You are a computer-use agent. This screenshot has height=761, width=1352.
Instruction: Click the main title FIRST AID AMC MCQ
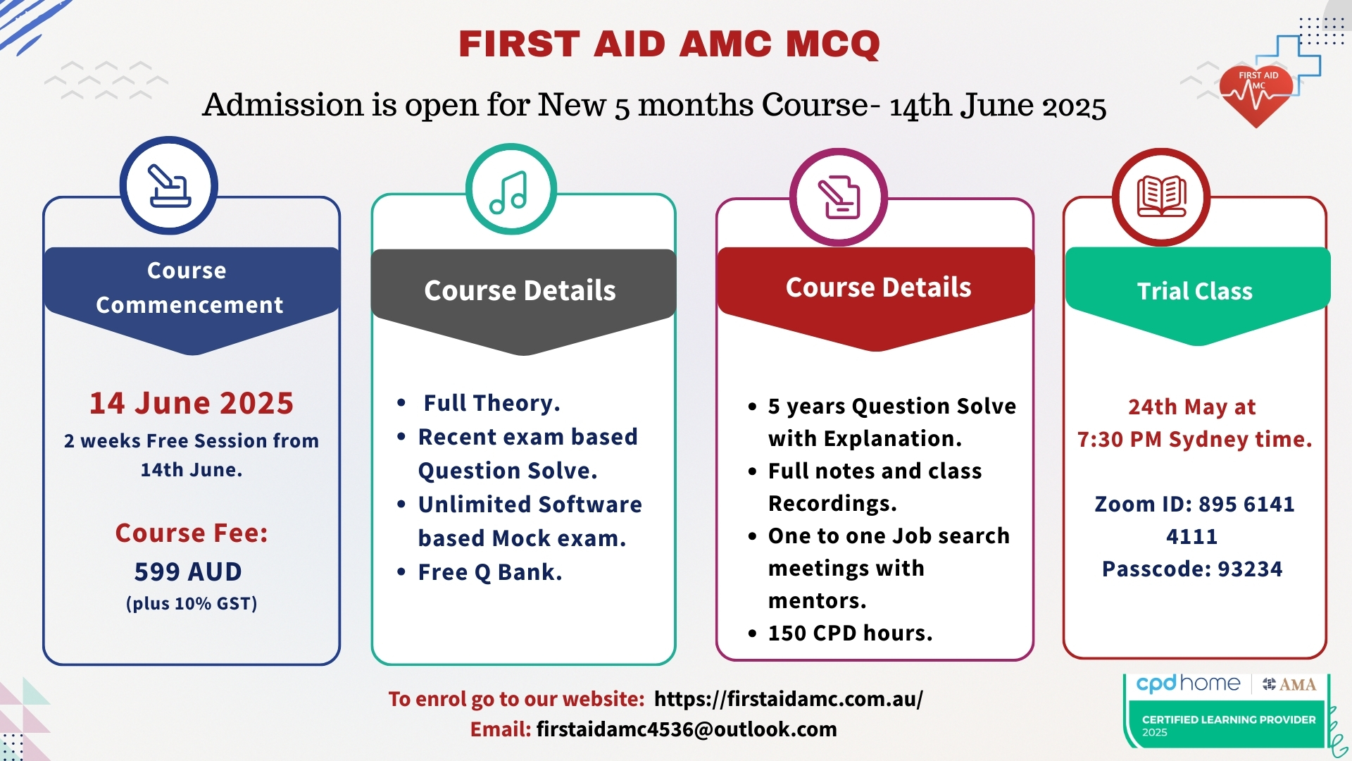pyautogui.click(x=669, y=44)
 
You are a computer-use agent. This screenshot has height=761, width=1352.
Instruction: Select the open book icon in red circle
pyautogui.click(x=1161, y=197)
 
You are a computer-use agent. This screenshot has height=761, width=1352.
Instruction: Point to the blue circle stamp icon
pyautogui.click(x=169, y=185)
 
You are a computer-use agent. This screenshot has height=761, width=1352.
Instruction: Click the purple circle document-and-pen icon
pyautogui.click(x=838, y=197)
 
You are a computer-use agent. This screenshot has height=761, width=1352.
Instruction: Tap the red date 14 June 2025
pyautogui.click(x=192, y=403)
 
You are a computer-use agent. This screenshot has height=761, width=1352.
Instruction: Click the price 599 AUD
pyautogui.click(x=188, y=571)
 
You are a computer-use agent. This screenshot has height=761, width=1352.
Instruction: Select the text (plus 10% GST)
pyautogui.click(x=192, y=604)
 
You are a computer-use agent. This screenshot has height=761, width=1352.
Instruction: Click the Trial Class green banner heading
pyautogui.click(x=1195, y=291)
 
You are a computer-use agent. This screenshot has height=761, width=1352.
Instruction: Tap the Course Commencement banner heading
pyautogui.click(x=189, y=287)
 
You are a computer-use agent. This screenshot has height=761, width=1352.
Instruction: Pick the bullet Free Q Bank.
pyautogui.click(x=490, y=572)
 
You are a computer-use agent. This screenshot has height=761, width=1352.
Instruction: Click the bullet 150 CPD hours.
pyautogui.click(x=850, y=633)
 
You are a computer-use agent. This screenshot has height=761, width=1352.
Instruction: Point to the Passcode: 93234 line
pyautogui.click(x=1192, y=569)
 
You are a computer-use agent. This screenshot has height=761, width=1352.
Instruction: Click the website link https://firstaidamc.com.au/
pyautogui.click(x=788, y=698)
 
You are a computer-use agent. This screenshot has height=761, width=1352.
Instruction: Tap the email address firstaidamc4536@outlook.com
pyautogui.click(x=687, y=729)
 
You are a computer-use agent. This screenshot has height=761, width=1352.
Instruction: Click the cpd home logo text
pyautogui.click(x=1188, y=683)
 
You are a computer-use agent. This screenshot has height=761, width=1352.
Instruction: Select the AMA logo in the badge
pyautogui.click(x=1290, y=684)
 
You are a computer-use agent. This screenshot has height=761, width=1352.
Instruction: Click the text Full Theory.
pyautogui.click(x=492, y=403)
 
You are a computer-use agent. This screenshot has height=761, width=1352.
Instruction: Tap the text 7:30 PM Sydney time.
pyautogui.click(x=1194, y=439)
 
